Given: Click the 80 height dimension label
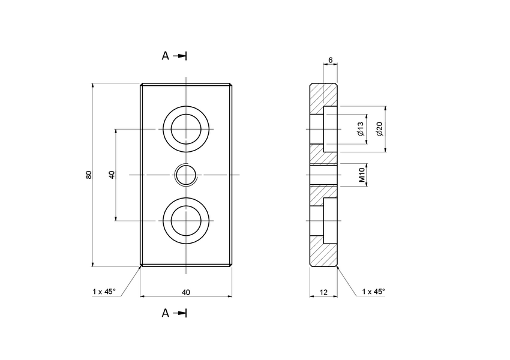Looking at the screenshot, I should click(89, 175).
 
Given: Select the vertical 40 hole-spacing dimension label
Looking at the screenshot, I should click(112, 175).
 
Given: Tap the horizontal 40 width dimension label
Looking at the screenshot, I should click(186, 292).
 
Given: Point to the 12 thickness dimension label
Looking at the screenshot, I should click(323, 292).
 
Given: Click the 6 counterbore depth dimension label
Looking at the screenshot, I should click(330, 61).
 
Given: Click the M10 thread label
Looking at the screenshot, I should click(362, 175).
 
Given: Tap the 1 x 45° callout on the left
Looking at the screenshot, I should click(104, 292).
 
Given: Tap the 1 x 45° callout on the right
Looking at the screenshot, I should click(374, 292).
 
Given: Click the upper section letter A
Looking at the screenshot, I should click(166, 56).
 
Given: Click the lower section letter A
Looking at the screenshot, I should click(166, 313).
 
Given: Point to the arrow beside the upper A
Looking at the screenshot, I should click(180, 56).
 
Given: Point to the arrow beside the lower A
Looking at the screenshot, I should click(180, 313).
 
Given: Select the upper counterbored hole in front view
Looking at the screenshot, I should click(186, 129).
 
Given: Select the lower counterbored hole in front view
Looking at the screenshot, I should click(186, 220).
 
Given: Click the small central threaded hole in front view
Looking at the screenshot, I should click(186, 175).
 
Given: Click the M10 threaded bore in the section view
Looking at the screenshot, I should click(324, 175).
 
